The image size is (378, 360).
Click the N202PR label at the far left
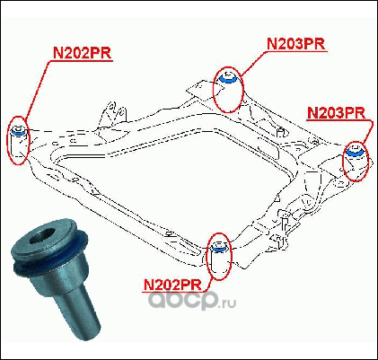pos(82,53)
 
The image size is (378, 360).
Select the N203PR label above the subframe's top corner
pos(295,44)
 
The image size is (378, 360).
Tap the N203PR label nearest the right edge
pos(337,113)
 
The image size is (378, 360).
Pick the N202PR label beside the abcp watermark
pos(172,285)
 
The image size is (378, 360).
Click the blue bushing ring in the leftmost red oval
pos(18,132)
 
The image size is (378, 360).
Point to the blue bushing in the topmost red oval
pos(228,79)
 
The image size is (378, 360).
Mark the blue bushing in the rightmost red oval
pos(356,153)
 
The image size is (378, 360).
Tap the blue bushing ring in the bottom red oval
pos(218,248)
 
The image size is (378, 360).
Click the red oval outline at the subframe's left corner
pos(8,141)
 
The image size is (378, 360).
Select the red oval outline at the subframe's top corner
pos(214,90)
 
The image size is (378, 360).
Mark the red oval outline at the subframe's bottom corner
pos(207,257)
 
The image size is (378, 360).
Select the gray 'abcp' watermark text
pos(183,300)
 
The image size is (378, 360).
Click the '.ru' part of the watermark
pos(228,303)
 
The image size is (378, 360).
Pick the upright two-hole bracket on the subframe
pos(114,113)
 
